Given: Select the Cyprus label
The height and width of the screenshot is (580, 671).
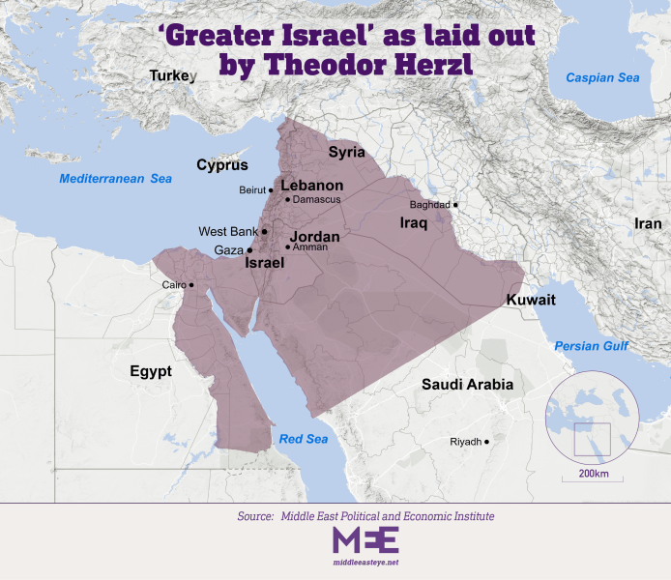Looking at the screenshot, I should (222, 164).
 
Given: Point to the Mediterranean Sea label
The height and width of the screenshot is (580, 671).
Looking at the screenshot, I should (115, 179).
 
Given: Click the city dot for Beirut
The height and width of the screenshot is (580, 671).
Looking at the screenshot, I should (271, 190).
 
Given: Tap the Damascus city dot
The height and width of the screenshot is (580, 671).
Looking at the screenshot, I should (283, 199).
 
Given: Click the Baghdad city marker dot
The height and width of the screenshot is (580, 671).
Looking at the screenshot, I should (455, 205).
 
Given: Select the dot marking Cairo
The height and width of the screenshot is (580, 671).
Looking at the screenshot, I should (191, 284).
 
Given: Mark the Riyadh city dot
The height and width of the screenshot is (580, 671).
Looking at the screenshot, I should (486, 442).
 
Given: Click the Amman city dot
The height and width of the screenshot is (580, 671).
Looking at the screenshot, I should (287, 247).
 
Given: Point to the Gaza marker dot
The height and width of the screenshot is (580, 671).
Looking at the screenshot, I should (250, 250).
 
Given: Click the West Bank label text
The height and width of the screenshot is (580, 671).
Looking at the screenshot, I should (227, 232).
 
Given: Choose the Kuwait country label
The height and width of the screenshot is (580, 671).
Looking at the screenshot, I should (531, 301).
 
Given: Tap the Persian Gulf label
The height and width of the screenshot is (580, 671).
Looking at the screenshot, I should (591, 346).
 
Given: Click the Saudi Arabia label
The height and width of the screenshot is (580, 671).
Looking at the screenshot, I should (467, 385).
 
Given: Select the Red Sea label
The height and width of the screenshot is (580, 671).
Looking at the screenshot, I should (304, 440).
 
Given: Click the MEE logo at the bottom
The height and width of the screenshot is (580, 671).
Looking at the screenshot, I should (365, 540).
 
